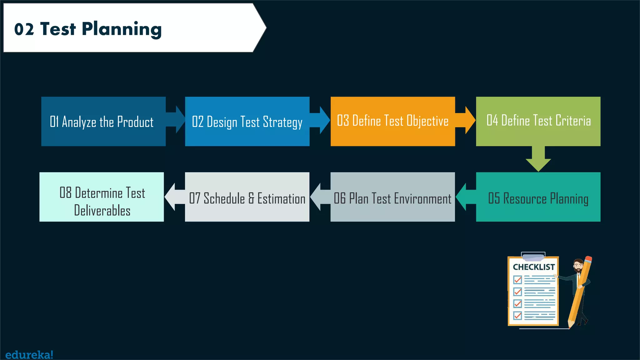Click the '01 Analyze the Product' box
[103, 121]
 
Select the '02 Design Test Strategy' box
[247, 121]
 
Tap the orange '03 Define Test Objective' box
[392, 121]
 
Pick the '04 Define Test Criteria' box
[538, 121]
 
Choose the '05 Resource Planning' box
[538, 197]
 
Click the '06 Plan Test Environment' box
[392, 197]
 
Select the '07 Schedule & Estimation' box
[247, 197]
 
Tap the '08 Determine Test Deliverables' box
[102, 197]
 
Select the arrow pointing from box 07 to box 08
[174, 197]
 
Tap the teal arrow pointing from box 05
[465, 197]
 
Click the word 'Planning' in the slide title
[122, 29]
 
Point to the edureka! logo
[29, 355]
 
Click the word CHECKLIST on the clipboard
[534, 267]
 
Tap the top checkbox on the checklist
[517, 279]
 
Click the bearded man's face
[578, 266]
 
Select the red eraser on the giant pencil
[588, 259]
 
